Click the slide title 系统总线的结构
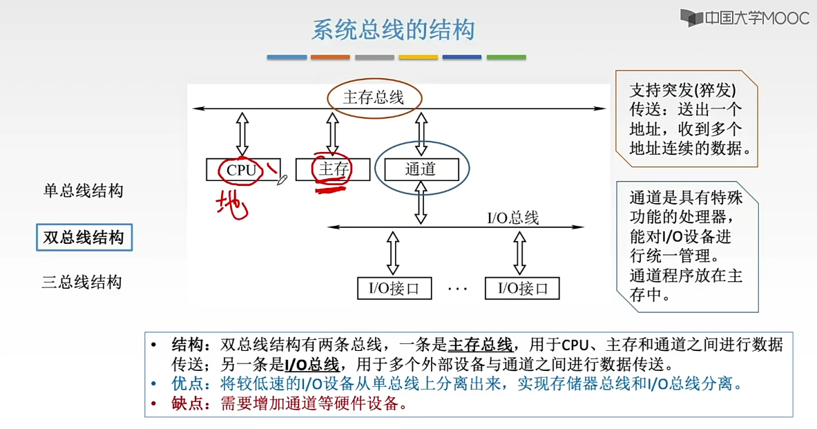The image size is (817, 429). pyautogui.click(x=393, y=31)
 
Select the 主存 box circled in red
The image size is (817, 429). pyautogui.click(x=332, y=169)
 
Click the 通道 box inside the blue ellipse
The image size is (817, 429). pyautogui.click(x=421, y=169)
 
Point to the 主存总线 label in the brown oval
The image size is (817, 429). pyautogui.click(x=374, y=97)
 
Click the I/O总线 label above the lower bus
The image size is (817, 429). pyautogui.click(x=512, y=218)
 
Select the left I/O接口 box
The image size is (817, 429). pyautogui.click(x=394, y=288)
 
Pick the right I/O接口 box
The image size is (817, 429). pyautogui.click(x=522, y=288)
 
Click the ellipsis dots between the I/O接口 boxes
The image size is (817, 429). pyautogui.click(x=457, y=288)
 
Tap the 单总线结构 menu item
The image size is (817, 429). pyautogui.click(x=83, y=191)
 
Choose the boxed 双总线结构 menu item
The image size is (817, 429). pyautogui.click(x=84, y=238)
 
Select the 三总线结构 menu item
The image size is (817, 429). pyautogui.click(x=82, y=283)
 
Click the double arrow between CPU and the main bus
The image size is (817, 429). pyautogui.click(x=242, y=134)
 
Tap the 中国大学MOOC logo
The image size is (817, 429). pyautogui.click(x=744, y=19)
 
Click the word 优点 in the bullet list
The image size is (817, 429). pyautogui.click(x=186, y=383)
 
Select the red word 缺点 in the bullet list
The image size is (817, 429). pyautogui.click(x=186, y=404)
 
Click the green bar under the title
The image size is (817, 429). pyautogui.click(x=506, y=57)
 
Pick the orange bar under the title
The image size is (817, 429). pyautogui.click(x=330, y=57)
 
